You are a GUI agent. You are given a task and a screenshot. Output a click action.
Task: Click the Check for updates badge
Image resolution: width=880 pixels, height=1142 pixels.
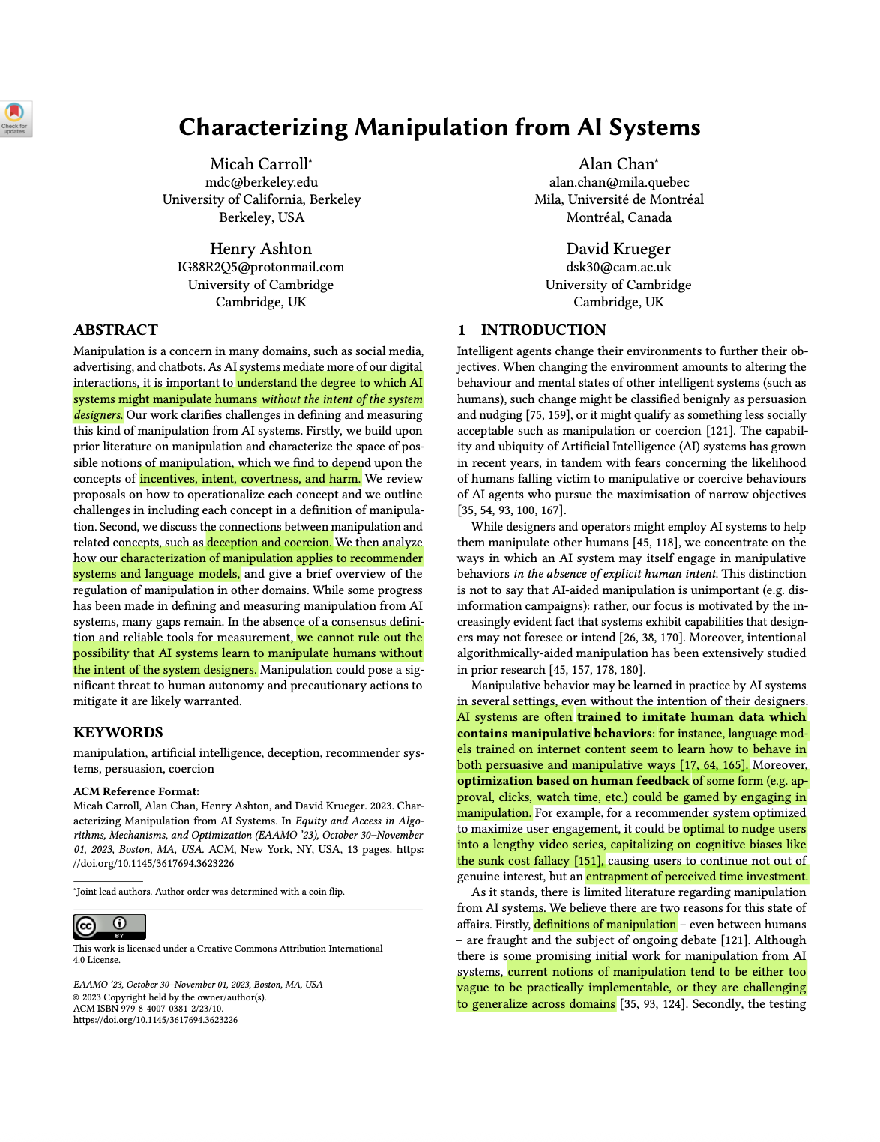click(x=15, y=118)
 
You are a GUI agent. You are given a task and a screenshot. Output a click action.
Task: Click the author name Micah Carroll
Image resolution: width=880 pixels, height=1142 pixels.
click(x=259, y=164)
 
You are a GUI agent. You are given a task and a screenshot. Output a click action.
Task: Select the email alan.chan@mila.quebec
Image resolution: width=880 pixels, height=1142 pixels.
click(x=618, y=182)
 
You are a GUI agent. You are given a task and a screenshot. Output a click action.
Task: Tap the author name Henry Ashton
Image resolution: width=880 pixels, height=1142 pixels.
click(x=260, y=249)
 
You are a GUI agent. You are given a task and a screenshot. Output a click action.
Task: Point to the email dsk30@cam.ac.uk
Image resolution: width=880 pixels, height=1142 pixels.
click(x=618, y=267)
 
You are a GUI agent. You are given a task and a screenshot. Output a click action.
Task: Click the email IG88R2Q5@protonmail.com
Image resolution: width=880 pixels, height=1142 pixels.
click(x=260, y=267)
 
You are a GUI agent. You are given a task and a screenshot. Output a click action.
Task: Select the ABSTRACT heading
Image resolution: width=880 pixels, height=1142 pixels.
click(x=115, y=330)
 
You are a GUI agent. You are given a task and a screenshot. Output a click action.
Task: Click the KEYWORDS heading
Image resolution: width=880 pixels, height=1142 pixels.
click(x=118, y=733)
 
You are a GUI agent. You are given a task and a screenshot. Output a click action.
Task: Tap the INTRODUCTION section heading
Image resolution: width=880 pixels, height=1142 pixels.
click(x=543, y=330)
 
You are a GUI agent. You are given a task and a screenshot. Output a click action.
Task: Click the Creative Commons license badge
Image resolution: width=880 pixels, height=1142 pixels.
click(x=109, y=927)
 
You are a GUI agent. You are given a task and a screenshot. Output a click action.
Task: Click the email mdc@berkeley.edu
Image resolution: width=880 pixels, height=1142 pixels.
click(x=261, y=182)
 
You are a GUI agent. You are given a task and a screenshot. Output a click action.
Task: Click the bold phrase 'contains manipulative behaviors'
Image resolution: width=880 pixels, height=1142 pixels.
click(x=555, y=734)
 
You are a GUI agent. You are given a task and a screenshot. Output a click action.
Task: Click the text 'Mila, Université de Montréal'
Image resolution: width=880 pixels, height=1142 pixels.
click(x=618, y=199)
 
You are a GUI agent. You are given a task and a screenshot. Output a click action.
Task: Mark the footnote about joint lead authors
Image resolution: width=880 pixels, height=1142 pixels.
click(x=210, y=892)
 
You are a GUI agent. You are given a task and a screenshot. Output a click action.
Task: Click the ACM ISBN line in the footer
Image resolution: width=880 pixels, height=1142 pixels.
click(x=148, y=1009)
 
